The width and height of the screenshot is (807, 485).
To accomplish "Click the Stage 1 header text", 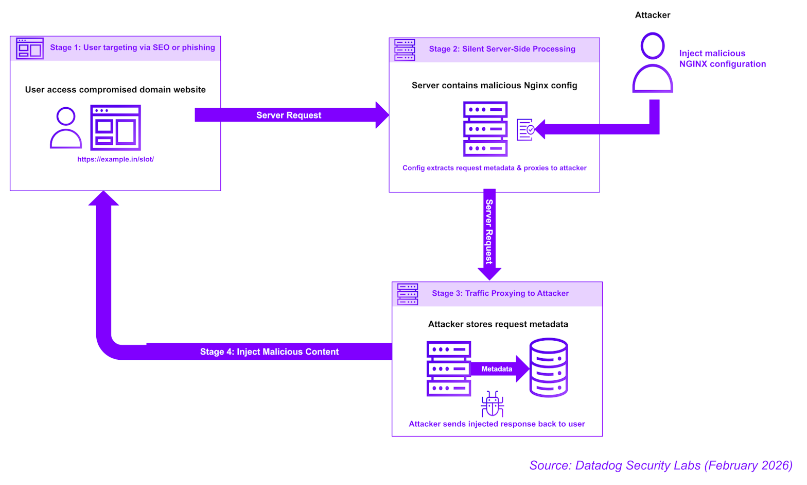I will click(132, 47).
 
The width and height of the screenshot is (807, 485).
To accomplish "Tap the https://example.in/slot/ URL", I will click(116, 159).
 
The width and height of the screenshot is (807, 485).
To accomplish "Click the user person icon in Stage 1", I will click(66, 128).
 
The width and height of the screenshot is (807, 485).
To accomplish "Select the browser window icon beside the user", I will click(115, 128).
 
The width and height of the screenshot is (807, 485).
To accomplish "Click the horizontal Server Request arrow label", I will click(289, 115).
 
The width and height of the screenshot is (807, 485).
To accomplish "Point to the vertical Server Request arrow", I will click(489, 232).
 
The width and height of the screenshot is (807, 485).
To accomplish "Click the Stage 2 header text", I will click(502, 49).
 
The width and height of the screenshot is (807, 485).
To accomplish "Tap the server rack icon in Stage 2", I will click(485, 129).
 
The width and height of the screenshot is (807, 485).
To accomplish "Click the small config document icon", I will click(525, 130).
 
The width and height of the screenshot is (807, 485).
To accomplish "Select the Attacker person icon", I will click(653, 63).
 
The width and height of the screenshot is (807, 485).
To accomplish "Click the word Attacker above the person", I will click(653, 15).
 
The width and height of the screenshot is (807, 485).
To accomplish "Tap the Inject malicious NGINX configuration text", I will click(722, 59).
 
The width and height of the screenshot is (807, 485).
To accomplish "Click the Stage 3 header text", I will click(500, 293).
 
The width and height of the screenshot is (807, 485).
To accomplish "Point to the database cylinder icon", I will click(549, 367).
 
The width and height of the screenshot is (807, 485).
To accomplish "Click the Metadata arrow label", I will click(497, 369).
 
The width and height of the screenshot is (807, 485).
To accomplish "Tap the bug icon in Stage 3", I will click(493, 405).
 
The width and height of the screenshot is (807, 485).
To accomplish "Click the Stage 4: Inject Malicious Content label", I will click(269, 352).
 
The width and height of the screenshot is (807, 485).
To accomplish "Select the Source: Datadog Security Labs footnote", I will click(661, 465).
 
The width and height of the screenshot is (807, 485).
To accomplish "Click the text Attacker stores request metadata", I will click(498, 324).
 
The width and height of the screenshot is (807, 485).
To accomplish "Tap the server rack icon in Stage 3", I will click(449, 369).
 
